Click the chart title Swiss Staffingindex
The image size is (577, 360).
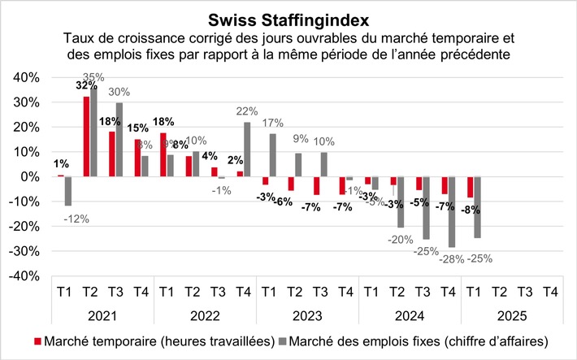tap(288, 18)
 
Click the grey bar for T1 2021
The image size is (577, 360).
tap(69, 191)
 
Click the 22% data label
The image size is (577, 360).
tap(249, 111)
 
